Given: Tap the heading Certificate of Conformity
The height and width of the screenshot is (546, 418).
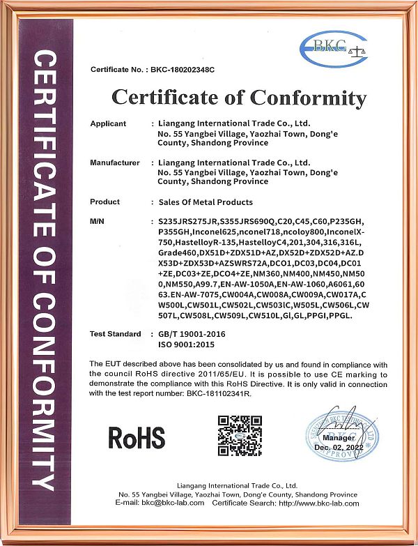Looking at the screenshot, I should point(238,98).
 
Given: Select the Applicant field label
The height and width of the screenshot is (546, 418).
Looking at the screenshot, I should point(108,123).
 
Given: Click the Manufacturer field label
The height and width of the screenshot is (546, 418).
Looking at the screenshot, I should point(115,162).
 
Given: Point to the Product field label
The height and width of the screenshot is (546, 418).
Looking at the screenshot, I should point(104,202).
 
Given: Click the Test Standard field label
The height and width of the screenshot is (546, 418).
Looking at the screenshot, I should point(116,334).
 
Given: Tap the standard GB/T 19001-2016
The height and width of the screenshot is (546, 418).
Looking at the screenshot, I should point(192,334).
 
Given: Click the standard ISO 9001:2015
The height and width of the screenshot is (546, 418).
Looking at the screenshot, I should point(187,344).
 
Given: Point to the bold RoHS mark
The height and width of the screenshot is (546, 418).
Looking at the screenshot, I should point(137,438).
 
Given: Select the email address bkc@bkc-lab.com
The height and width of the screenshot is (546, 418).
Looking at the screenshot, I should point(171,503).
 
